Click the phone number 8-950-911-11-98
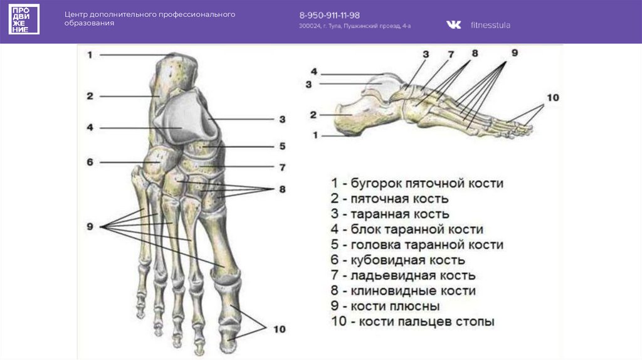tap(329, 15)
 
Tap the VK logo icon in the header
tap(453, 24)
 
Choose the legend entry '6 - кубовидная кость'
tap(397, 260)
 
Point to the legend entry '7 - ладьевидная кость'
tap(403, 275)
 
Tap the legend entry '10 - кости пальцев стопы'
tap(413, 322)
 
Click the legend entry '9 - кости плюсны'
tap(385, 306)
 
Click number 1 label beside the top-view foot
tap(90, 55)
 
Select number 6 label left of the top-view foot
tap(90, 162)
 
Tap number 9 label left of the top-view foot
tap(90, 226)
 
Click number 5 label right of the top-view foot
tap(282, 146)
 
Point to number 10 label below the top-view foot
tap(278, 329)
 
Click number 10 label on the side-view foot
tap(552, 98)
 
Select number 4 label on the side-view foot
tap(313, 71)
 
